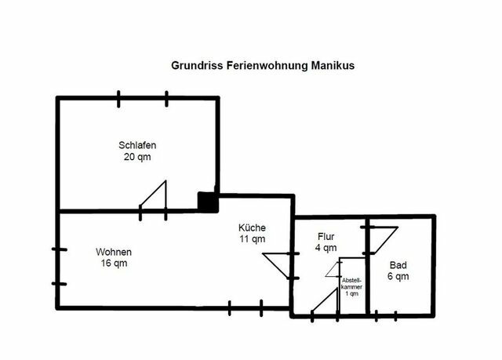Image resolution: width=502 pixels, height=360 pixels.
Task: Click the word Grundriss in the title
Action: click(198, 67)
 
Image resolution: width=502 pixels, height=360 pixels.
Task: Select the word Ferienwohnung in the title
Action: click(267, 67)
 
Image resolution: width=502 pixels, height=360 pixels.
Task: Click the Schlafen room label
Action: click(136, 144)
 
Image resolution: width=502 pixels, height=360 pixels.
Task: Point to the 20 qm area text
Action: click(136, 156)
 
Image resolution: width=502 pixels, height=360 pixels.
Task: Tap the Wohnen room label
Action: click(113, 252)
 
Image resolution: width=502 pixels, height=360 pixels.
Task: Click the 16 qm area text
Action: click(113, 264)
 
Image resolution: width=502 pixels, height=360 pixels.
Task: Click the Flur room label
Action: click(326, 235)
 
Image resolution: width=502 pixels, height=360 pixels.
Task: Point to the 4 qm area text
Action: click(326, 247)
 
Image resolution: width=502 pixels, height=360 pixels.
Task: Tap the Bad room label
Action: click(397, 265)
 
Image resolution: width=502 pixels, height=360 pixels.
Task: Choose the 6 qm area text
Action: click(397, 277)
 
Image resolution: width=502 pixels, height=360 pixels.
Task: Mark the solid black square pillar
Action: click(207, 202)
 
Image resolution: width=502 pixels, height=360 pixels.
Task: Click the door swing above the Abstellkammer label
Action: click(333, 267)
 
